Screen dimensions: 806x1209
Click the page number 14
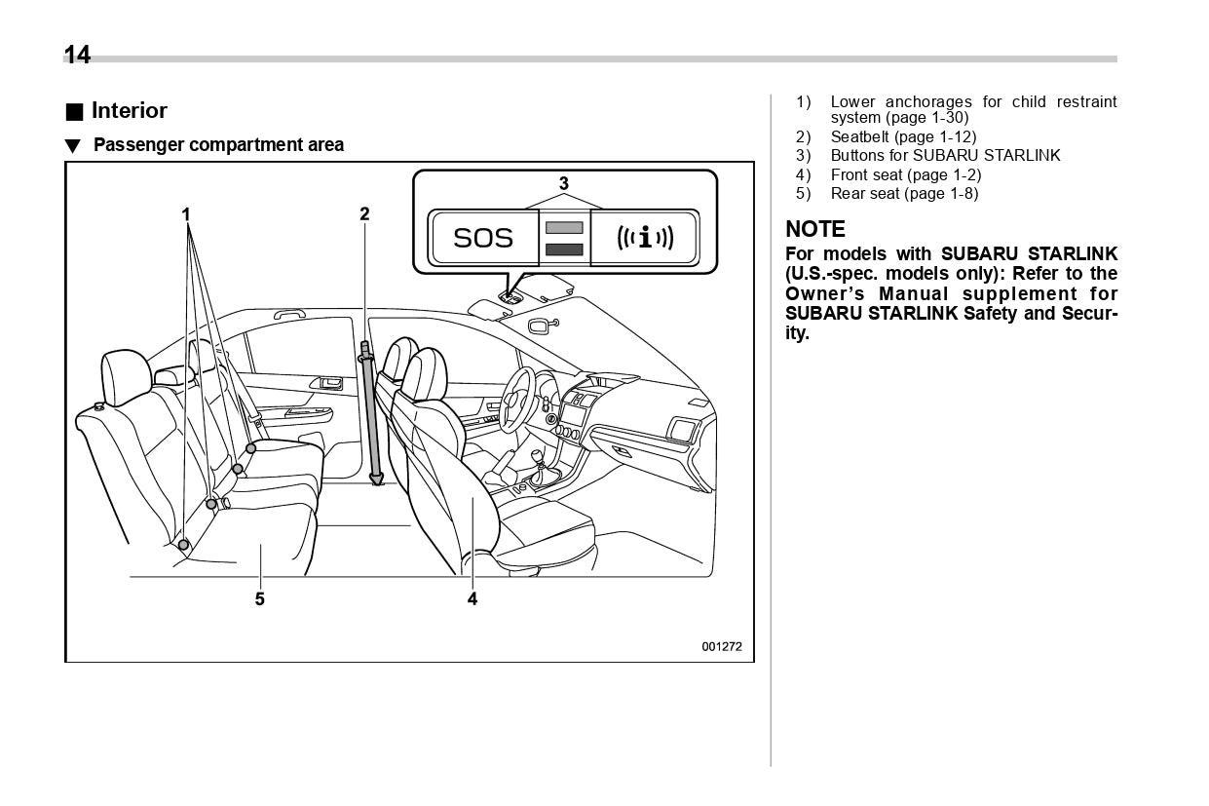tap(77, 56)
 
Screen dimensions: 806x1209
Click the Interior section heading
tap(129, 111)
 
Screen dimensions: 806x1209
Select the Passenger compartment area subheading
tap(217, 145)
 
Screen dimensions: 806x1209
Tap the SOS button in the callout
tap(483, 238)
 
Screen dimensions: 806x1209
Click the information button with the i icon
tap(644, 238)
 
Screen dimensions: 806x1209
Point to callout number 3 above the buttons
tap(563, 183)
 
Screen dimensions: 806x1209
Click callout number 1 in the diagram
tap(185, 213)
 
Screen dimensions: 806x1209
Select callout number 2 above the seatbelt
tap(364, 213)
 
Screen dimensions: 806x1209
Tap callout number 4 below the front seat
tap(472, 599)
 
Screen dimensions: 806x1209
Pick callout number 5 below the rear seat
tap(260, 599)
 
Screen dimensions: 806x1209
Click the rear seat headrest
tap(126, 376)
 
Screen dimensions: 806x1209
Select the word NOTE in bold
tap(815, 230)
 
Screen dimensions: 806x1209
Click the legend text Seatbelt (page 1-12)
tap(903, 137)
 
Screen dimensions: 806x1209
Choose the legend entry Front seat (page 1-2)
tap(905, 175)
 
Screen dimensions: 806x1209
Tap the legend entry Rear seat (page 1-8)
tap(904, 194)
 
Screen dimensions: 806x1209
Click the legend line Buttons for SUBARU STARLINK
tap(945, 156)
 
